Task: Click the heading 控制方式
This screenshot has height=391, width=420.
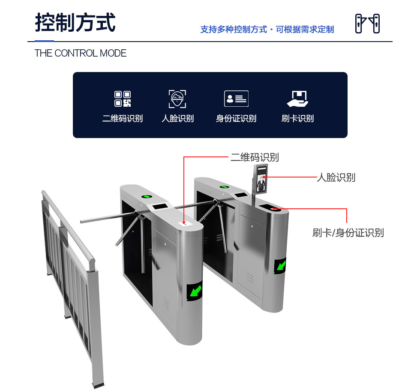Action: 75,23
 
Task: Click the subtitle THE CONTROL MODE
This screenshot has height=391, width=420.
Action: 81,53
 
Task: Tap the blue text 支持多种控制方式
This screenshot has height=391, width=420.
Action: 234,29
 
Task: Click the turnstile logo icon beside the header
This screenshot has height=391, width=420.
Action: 367,24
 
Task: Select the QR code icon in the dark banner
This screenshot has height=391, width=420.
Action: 123,99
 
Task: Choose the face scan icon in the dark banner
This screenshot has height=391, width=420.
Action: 177,99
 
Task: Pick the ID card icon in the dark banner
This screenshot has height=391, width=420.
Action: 236,99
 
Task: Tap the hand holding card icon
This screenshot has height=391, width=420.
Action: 297,99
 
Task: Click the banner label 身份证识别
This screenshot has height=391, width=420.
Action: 236,118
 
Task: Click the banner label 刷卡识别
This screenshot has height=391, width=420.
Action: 297,118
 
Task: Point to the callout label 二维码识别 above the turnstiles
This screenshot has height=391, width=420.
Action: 255,157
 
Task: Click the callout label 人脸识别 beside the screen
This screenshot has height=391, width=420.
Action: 336,177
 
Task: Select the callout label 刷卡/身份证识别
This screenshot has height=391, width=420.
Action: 348,233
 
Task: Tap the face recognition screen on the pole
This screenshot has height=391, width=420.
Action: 261,178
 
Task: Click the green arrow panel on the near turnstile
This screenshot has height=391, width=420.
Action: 195,291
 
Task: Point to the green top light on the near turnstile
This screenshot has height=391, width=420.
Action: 147,196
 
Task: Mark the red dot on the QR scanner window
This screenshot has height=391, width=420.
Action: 184,223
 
